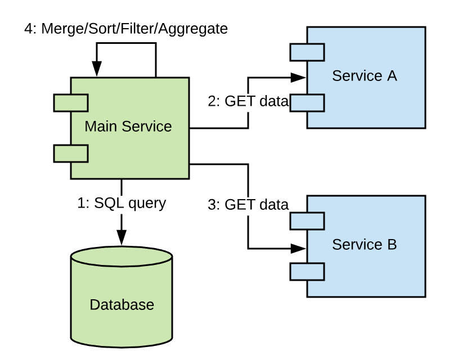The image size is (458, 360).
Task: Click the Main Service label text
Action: pos(128,127)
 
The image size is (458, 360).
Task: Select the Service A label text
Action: pos(365,76)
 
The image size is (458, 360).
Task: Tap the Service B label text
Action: pos(365,245)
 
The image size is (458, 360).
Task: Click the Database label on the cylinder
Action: pos(122,305)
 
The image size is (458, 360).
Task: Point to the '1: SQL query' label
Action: pos(122,203)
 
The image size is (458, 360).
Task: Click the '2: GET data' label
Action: pos(248,102)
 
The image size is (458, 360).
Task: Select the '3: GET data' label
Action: pos(248,205)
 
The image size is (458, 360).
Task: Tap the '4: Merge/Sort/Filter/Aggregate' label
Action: pos(126,29)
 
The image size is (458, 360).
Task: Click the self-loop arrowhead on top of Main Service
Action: pos(97,70)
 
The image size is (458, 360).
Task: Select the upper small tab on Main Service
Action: pos(71,103)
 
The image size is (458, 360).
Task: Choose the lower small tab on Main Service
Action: pos(71,152)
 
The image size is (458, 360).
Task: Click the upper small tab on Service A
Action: pos(307,53)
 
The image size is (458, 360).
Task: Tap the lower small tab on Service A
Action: pos(307,103)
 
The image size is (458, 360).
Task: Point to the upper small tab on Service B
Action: pos(307,221)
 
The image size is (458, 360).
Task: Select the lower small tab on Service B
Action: pos(307,272)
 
